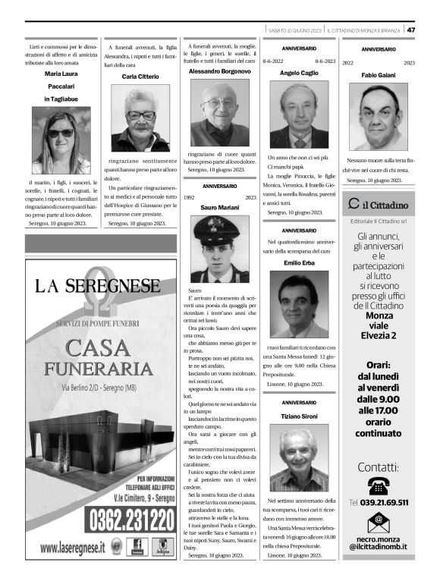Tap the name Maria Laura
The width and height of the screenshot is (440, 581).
tap(61, 74)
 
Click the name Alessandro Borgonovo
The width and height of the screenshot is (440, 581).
tap(219, 71)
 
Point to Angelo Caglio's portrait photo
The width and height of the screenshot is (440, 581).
tap(298, 115)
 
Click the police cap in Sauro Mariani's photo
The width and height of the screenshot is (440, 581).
tap(219, 225)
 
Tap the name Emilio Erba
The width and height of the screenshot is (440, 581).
tap(298, 262)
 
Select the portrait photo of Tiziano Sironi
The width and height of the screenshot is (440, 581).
tap(298, 458)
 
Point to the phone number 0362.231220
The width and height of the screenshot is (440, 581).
tap(132, 521)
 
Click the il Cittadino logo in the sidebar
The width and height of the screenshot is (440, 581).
tap(378, 205)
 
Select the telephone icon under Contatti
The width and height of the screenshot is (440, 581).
tap(377, 485)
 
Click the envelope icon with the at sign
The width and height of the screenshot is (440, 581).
tap(377, 522)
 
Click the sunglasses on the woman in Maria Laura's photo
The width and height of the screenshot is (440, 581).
tap(61, 133)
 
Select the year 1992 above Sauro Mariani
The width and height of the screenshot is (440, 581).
tap(190, 197)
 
